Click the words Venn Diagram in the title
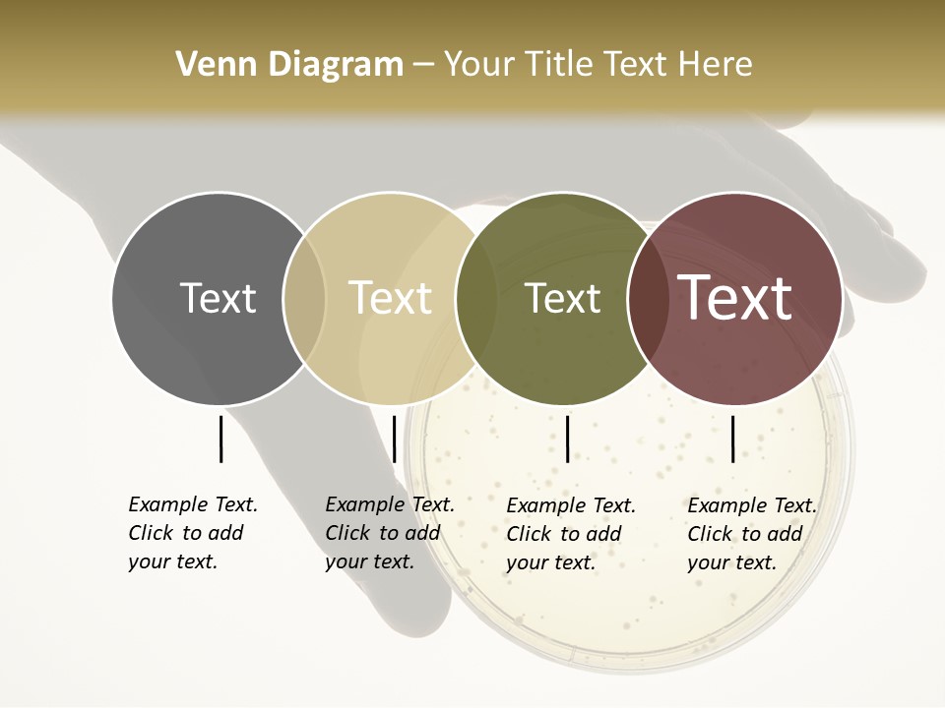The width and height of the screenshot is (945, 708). pyautogui.click(x=289, y=65)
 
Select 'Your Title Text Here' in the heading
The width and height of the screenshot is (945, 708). pyautogui.click(x=598, y=65)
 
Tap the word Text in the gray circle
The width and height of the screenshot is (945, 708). pyautogui.click(x=218, y=298)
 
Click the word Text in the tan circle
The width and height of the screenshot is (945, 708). pyautogui.click(x=390, y=298)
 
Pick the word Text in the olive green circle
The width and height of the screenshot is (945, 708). pyautogui.click(x=562, y=298)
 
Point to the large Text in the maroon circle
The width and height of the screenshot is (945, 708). pyautogui.click(x=734, y=298)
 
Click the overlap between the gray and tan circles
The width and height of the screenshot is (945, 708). pyautogui.click(x=304, y=299)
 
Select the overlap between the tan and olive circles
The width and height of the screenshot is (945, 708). pyautogui.click(x=476, y=299)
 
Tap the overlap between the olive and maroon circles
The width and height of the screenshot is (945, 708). pyautogui.click(x=648, y=299)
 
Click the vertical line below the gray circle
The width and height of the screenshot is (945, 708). pyautogui.click(x=220, y=439)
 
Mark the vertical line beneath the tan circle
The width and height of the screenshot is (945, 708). pyautogui.click(x=394, y=439)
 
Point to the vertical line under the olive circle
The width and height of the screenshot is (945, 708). pyautogui.click(x=568, y=439)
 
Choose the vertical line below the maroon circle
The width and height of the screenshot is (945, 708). pyautogui.click(x=733, y=439)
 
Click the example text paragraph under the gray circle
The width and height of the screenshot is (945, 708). pyautogui.click(x=193, y=533)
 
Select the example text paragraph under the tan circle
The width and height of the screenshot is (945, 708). pyautogui.click(x=390, y=533)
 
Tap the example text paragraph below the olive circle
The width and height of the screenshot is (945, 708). pyautogui.click(x=571, y=534)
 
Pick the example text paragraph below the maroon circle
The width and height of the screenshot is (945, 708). pyautogui.click(x=752, y=534)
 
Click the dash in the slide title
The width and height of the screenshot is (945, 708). pyautogui.click(x=423, y=65)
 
